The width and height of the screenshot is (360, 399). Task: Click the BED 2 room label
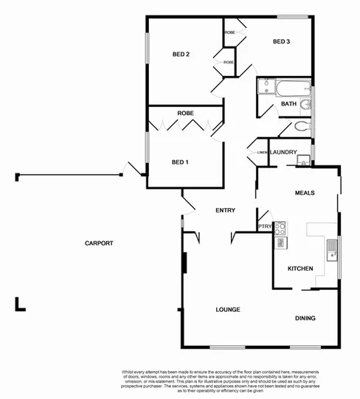pyautogui.click(x=181, y=54)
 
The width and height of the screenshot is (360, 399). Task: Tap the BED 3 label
pyautogui.click(x=281, y=41)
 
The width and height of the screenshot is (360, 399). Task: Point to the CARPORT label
pyautogui.click(x=98, y=243)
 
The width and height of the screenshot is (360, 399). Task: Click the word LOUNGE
pyautogui.click(x=229, y=309)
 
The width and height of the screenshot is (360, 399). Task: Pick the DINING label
pyautogui.click(x=305, y=319)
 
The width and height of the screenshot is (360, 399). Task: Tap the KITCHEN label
pyautogui.click(x=300, y=268)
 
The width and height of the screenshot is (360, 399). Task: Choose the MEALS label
pyautogui.click(x=305, y=192)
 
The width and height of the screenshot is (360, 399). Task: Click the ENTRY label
pyautogui.click(x=225, y=210)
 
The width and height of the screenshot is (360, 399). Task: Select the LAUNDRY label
pyautogui.click(x=283, y=153)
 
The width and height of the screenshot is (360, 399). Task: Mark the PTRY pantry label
pyautogui.click(x=264, y=226)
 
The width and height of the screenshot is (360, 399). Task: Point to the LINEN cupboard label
pyautogui.click(x=262, y=153)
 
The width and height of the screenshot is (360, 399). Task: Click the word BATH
pyautogui.click(x=288, y=104)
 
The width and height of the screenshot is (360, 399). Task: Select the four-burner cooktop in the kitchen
pyautogui.click(x=280, y=228)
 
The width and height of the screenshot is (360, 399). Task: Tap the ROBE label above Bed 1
pyautogui.click(x=185, y=113)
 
